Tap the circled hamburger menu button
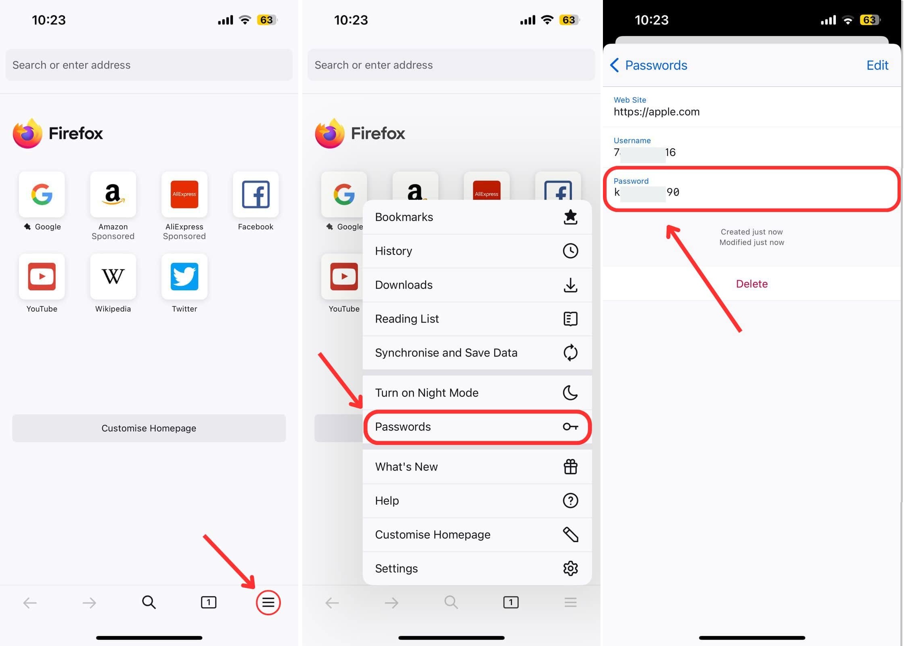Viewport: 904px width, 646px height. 268,602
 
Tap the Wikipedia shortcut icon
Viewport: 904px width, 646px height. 113,277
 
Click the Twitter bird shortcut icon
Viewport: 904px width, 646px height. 184,277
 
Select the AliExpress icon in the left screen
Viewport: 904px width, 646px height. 184,194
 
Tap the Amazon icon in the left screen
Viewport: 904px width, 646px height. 113,194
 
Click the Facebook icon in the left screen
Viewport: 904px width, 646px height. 255,194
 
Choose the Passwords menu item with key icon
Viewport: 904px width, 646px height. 477,427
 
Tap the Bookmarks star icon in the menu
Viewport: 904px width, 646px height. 570,217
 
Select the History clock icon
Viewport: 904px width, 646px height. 570,251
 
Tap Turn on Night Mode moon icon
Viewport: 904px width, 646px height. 570,392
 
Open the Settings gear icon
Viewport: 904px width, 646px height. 570,568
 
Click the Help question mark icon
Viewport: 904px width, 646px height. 570,501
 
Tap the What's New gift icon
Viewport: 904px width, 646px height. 570,467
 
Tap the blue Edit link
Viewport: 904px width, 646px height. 877,65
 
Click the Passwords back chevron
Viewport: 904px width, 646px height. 615,65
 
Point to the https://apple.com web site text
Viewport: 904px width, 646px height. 657,112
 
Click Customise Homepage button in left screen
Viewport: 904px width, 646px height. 149,428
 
